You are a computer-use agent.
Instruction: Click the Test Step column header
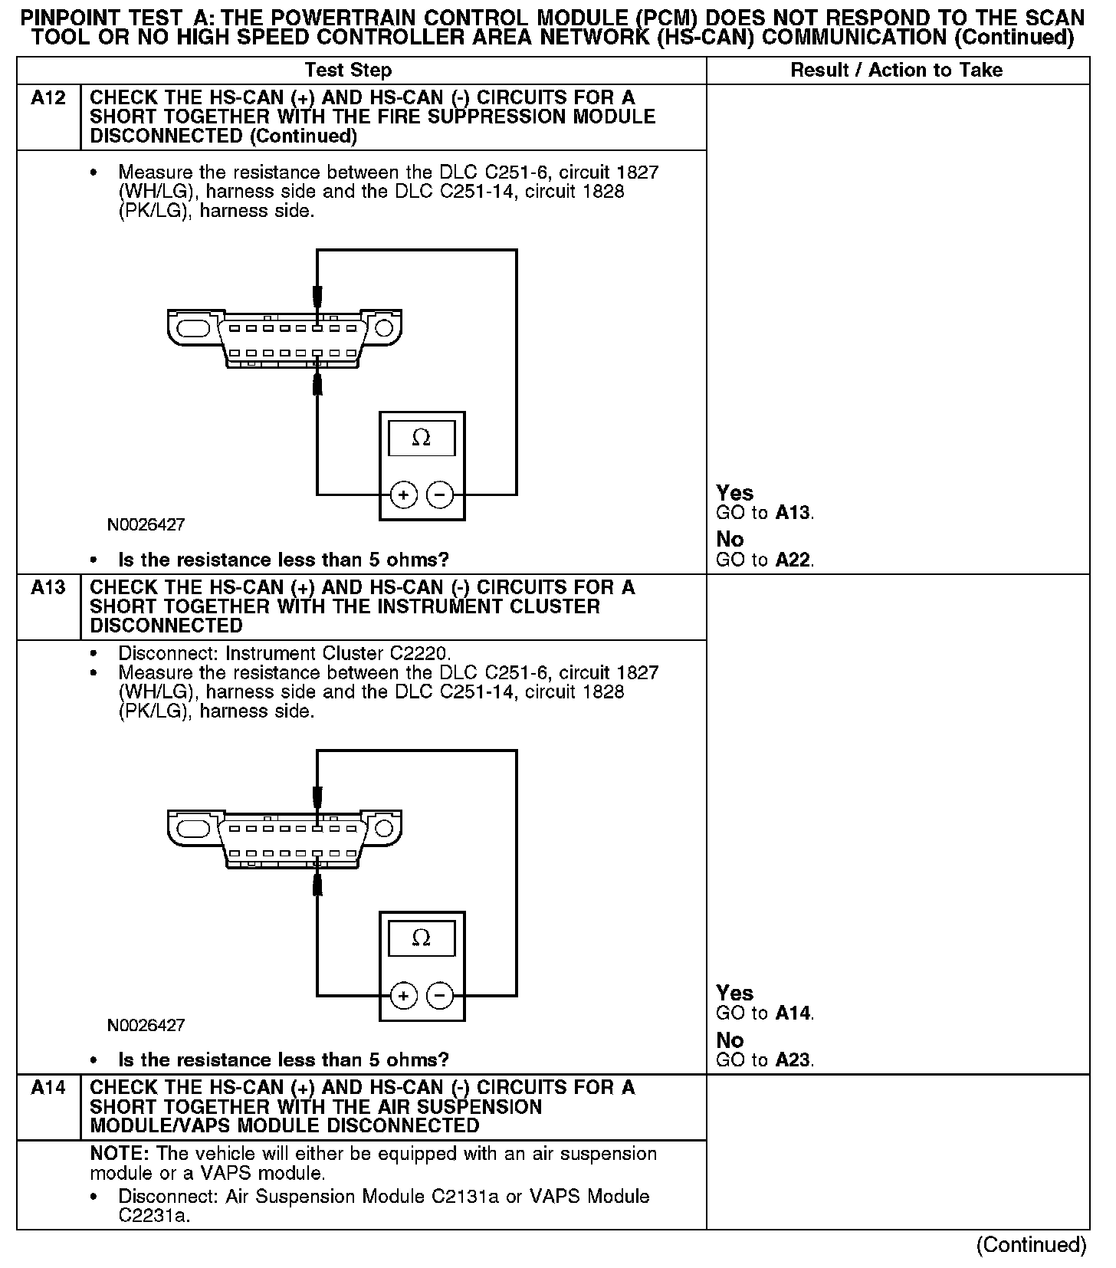point(348,71)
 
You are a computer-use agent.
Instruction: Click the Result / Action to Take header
point(896,71)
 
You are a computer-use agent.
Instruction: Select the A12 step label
point(48,98)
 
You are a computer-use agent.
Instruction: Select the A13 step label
point(48,588)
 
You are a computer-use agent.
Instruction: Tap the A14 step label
point(48,1088)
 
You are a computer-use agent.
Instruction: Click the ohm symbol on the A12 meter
point(421,438)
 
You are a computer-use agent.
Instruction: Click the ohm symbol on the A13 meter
point(421,938)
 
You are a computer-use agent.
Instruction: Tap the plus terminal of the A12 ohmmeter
point(404,494)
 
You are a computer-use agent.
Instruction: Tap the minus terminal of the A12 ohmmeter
point(439,494)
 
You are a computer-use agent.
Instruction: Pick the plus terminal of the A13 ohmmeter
point(404,995)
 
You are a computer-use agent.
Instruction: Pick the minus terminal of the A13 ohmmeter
point(439,995)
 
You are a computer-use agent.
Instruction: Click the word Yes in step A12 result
point(734,493)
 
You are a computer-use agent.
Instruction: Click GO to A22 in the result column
point(764,560)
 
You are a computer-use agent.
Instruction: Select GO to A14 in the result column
point(764,1013)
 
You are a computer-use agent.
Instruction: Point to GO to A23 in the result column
point(764,1060)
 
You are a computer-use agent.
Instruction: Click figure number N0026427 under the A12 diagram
point(146,525)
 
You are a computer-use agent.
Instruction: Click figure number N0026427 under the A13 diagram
point(146,1025)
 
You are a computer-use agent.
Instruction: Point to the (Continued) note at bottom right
point(1031,1244)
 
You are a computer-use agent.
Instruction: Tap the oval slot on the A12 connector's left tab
point(192,328)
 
